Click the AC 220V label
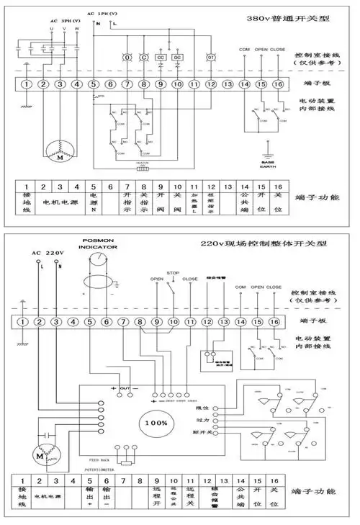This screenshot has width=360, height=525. (48, 253)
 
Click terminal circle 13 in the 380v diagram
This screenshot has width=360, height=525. (228, 85)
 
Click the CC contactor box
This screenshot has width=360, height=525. (161, 57)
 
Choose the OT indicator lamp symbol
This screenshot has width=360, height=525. (211, 57)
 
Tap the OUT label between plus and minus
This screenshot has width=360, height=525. (125, 389)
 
